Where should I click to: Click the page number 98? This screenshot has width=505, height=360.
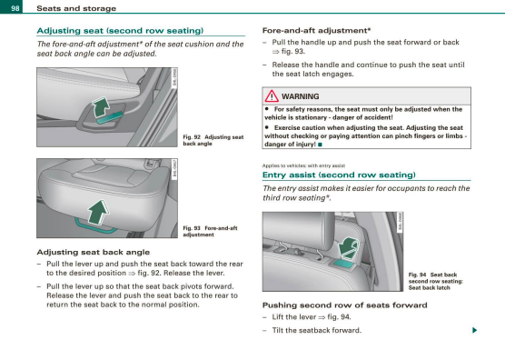coord(15,8)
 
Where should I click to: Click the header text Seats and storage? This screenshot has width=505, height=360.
coord(76,8)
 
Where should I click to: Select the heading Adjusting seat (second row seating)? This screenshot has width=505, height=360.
coord(120,31)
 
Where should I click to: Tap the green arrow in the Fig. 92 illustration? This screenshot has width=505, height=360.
coord(101,107)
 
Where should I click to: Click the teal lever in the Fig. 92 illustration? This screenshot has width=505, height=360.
coord(110,118)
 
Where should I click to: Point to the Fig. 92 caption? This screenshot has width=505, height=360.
coord(213,140)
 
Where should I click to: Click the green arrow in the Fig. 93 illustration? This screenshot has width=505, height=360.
coord(99,212)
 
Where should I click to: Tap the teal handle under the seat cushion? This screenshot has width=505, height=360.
coord(95,226)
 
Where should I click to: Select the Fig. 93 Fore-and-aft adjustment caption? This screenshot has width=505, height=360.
coord(210,232)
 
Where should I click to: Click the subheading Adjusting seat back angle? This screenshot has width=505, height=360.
coord(94,252)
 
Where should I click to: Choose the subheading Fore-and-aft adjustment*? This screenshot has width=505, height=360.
coord(317,31)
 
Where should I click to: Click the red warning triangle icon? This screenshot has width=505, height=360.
coord(272,96)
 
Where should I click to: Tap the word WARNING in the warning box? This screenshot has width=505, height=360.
coord(300,96)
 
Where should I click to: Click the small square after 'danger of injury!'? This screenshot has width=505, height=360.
coord(320,145)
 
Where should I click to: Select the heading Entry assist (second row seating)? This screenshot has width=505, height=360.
coord(339,175)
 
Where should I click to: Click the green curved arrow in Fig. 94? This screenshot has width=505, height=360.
coord(348,247)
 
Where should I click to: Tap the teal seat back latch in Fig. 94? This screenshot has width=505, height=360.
coord(344,264)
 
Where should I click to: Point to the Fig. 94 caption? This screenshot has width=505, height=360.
coord(436,281)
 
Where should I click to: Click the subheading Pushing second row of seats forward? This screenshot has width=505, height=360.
coord(345,305)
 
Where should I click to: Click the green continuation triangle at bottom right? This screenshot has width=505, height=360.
coord(474,330)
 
